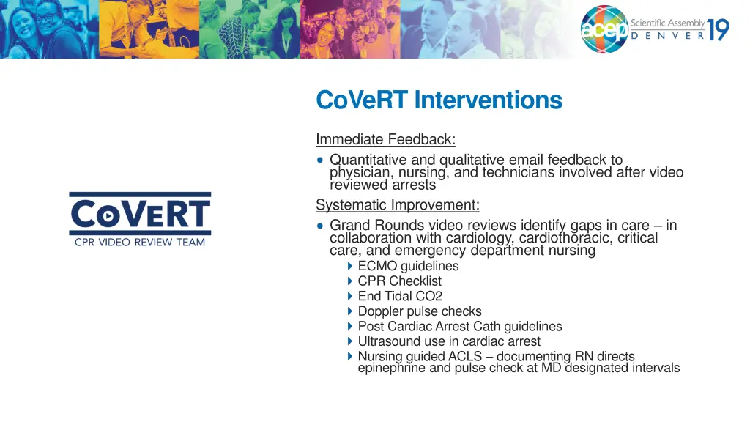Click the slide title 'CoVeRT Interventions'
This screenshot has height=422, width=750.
[439, 100]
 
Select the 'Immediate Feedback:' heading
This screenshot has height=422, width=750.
[385, 139]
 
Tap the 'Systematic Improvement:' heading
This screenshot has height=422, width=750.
[397, 204]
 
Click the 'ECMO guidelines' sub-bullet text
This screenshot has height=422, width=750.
[408, 266]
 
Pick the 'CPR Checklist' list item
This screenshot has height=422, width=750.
[399, 281]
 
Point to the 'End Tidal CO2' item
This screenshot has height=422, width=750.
[400, 297]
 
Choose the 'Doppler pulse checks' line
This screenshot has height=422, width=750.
[419, 311]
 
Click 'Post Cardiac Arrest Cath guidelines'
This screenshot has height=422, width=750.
[459, 327]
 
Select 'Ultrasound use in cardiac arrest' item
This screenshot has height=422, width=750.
[448, 341]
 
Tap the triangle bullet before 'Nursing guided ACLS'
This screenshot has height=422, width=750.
[350, 357]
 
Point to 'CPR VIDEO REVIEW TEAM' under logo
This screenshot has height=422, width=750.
[140, 243]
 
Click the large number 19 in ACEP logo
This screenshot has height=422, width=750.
[719, 30]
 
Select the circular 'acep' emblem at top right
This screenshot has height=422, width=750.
[604, 30]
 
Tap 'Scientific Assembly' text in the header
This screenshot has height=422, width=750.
[667, 23]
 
